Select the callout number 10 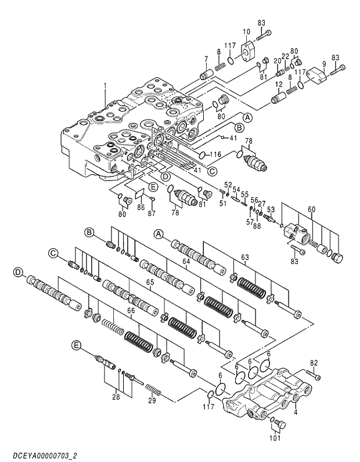coord(246,31)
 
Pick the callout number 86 coord(140,207)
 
